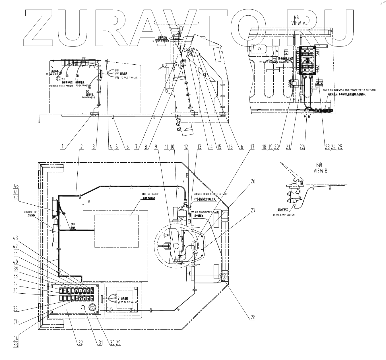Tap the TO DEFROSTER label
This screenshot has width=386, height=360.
tap(83, 85)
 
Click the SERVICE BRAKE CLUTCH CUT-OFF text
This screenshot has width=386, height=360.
tap(210, 194)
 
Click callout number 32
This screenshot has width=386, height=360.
tap(80, 343)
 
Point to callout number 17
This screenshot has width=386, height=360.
tap(252, 147)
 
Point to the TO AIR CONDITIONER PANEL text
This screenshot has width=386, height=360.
tap(206, 212)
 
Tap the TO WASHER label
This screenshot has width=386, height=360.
tap(52, 74)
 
